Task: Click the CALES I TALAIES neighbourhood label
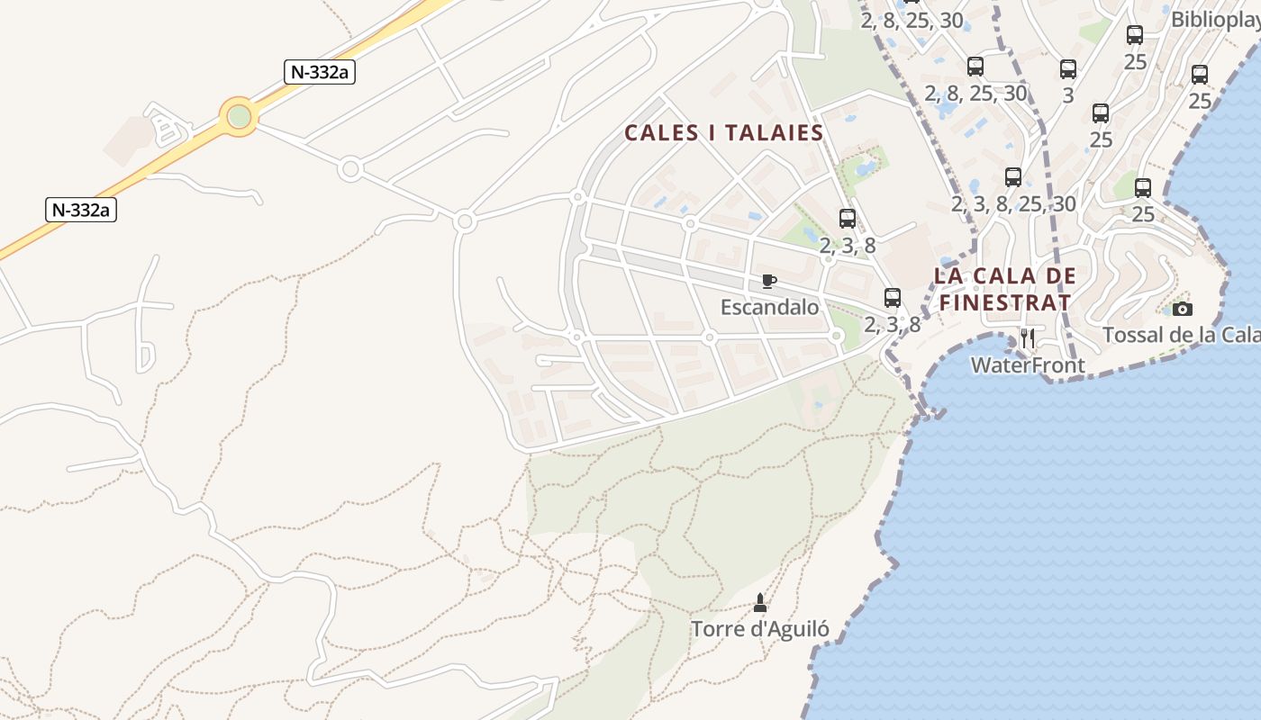click(x=724, y=133)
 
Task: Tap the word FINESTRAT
click(x=1006, y=302)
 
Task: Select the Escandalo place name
click(x=770, y=308)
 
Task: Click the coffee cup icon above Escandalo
click(x=768, y=282)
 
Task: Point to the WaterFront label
click(x=1028, y=365)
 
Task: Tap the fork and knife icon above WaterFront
click(x=1027, y=339)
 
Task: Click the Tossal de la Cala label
click(x=1181, y=335)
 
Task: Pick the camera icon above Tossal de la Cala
click(x=1183, y=309)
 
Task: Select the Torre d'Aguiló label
click(x=760, y=629)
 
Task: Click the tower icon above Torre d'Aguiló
click(x=760, y=602)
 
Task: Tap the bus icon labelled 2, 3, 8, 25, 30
click(x=1013, y=177)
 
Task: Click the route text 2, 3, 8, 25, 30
click(x=1013, y=204)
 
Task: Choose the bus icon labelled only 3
click(x=1068, y=68)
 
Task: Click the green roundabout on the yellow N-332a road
click(x=239, y=116)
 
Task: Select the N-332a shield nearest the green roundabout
click(x=320, y=72)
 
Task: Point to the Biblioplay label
click(x=1215, y=19)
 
